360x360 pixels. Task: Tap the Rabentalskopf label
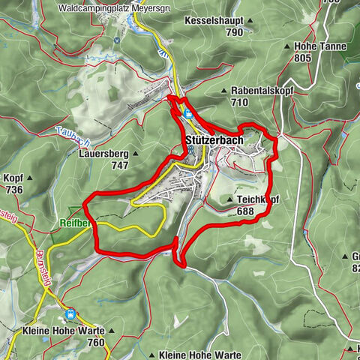pos(262,90)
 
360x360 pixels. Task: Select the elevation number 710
pos(240,102)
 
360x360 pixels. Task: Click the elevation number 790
pos(235,33)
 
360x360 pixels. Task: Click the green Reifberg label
pos(75,223)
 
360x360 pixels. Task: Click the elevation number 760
pos(96,343)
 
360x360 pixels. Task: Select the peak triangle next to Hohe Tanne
pos(289,46)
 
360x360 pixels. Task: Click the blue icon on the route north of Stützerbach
pos(187,113)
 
